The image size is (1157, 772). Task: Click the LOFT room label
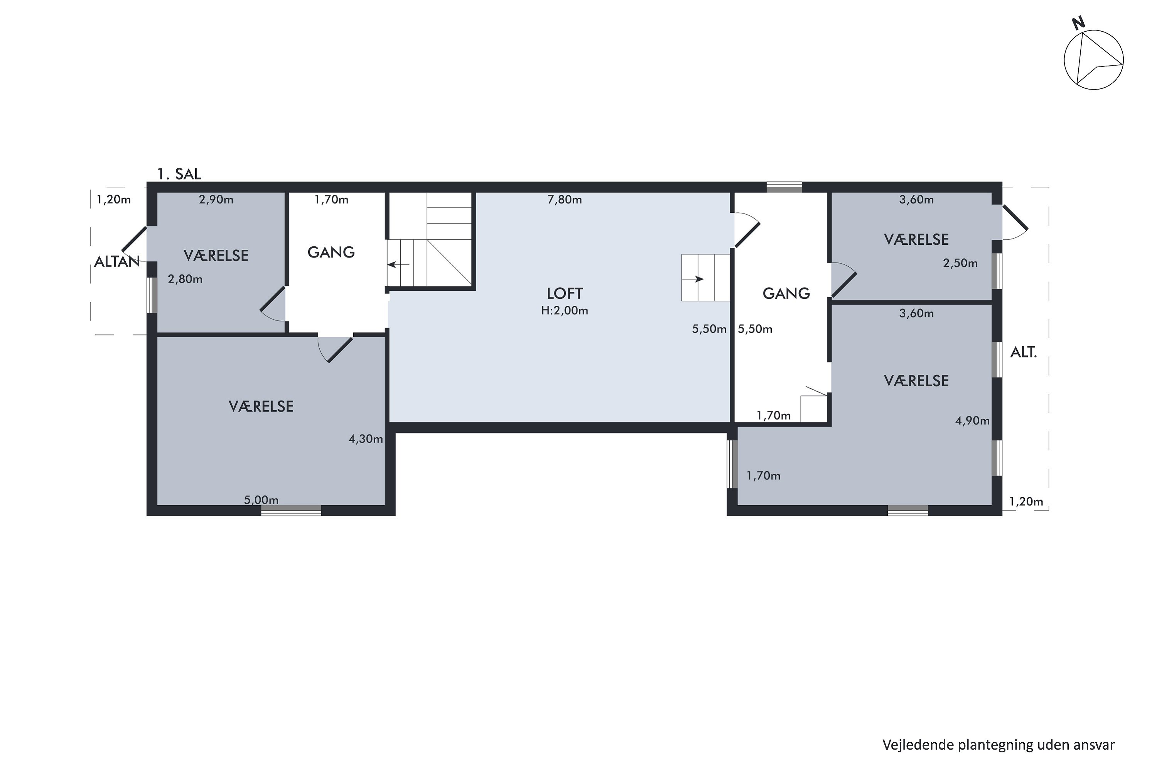click(x=564, y=293)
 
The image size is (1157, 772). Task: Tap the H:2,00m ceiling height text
click(x=564, y=311)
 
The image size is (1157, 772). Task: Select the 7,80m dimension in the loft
click(x=564, y=200)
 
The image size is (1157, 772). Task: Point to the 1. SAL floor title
click(x=179, y=174)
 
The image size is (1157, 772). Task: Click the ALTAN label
click(x=117, y=261)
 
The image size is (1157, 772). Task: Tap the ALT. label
click(x=1023, y=352)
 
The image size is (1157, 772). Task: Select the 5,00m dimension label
click(x=261, y=500)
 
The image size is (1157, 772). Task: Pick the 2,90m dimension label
click(x=216, y=200)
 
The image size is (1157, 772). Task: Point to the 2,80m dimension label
click(x=185, y=279)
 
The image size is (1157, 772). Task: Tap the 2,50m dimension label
click(x=960, y=263)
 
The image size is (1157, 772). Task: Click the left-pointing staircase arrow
click(x=398, y=265)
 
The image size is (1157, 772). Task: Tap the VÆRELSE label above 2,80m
click(x=216, y=256)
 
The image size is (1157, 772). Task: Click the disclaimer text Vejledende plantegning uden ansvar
click(x=998, y=745)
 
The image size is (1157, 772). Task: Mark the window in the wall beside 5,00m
click(x=291, y=511)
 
